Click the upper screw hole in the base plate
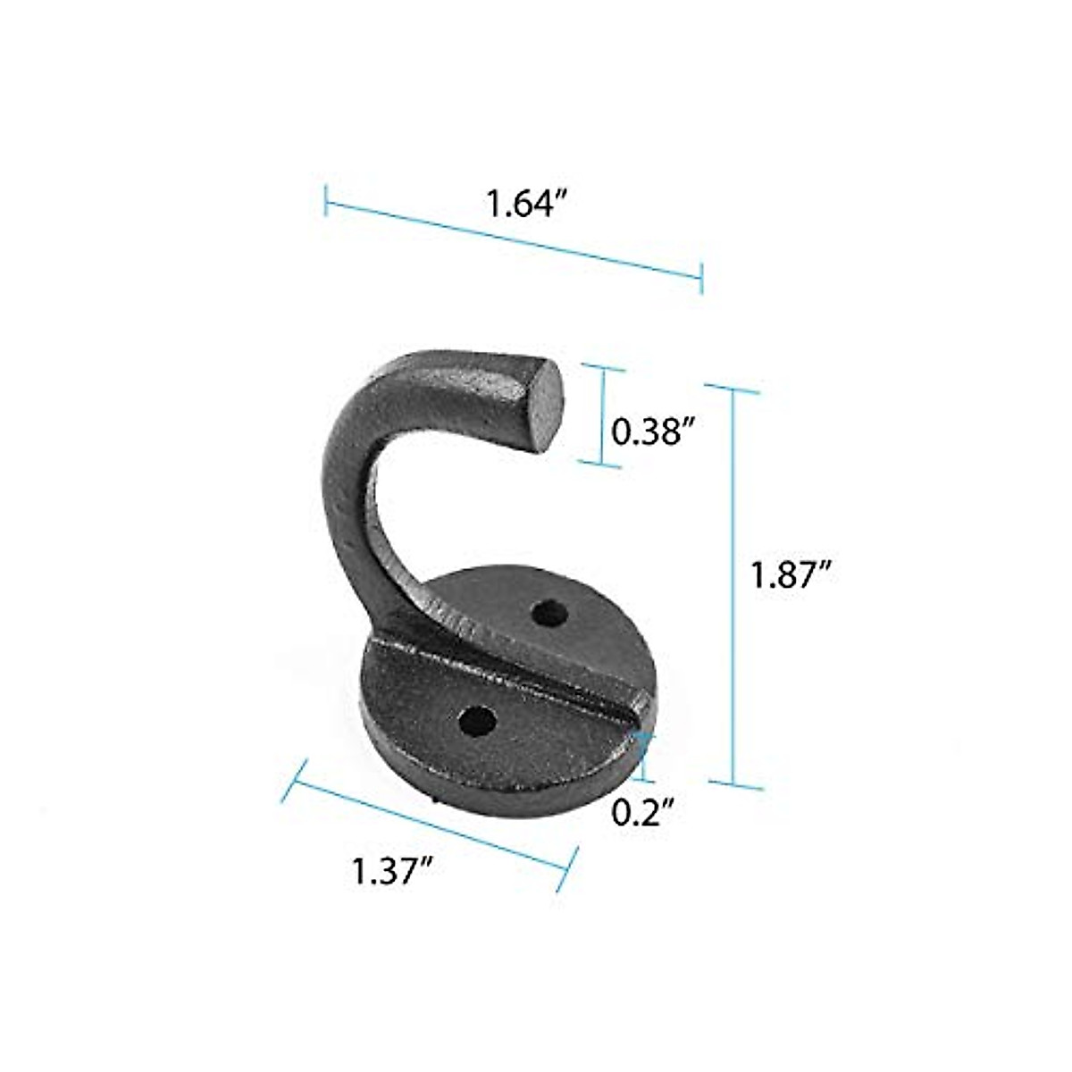point(548,614)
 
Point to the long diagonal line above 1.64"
point(514,239)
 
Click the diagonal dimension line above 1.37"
point(429,822)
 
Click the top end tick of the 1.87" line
point(733,388)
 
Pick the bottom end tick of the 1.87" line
point(736,785)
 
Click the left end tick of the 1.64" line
point(326,199)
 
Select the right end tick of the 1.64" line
point(702,278)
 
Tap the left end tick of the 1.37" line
point(294,780)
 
